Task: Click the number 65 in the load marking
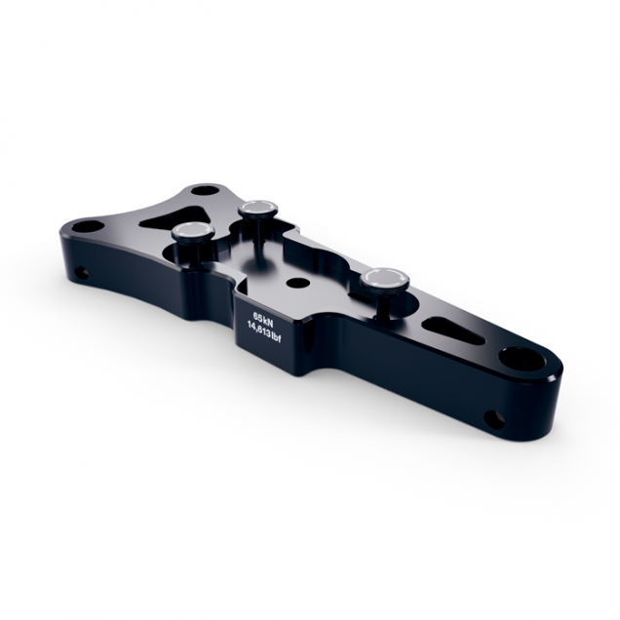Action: tap(255, 317)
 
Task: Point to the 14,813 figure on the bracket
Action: tap(259, 331)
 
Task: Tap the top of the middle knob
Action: tap(257, 207)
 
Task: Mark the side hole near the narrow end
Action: tap(494, 420)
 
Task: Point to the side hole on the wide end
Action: tap(82, 272)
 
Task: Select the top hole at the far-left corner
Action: tap(87, 226)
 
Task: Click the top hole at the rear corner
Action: tap(203, 189)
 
